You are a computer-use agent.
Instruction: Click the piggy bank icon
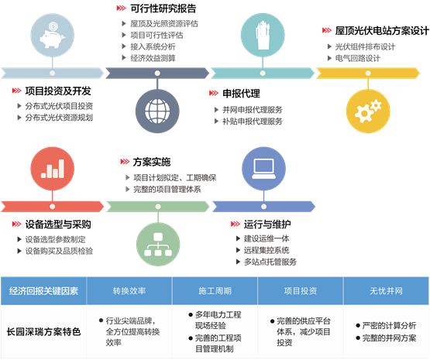[x=53, y=36]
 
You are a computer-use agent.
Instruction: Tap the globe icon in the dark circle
[x=157, y=111]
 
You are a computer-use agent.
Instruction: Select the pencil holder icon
[x=263, y=35]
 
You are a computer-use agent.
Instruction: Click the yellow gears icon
[x=368, y=111]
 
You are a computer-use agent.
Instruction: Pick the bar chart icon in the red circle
[x=53, y=169]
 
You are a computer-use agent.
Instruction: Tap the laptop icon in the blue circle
[x=263, y=169]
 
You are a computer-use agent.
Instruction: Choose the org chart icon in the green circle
[x=158, y=245]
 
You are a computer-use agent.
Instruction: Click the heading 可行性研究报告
[x=163, y=9]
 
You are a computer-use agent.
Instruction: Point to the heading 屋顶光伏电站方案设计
[x=382, y=31]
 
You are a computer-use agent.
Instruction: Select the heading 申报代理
[x=241, y=94]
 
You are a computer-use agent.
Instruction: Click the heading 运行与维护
[x=267, y=225]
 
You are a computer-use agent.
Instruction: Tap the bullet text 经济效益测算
[x=153, y=58]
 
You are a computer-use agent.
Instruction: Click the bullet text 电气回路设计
[x=358, y=58]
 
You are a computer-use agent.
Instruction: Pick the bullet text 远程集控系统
[x=267, y=250]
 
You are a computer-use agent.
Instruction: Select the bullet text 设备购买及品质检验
[x=59, y=251]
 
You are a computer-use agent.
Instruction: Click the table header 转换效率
[x=129, y=291]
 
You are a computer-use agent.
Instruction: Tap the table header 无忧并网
[x=386, y=291]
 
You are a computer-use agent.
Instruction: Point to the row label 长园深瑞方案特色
[x=44, y=332]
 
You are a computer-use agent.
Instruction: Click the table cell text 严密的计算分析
[x=389, y=326]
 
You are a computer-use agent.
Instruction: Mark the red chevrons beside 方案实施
[x=125, y=162]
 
